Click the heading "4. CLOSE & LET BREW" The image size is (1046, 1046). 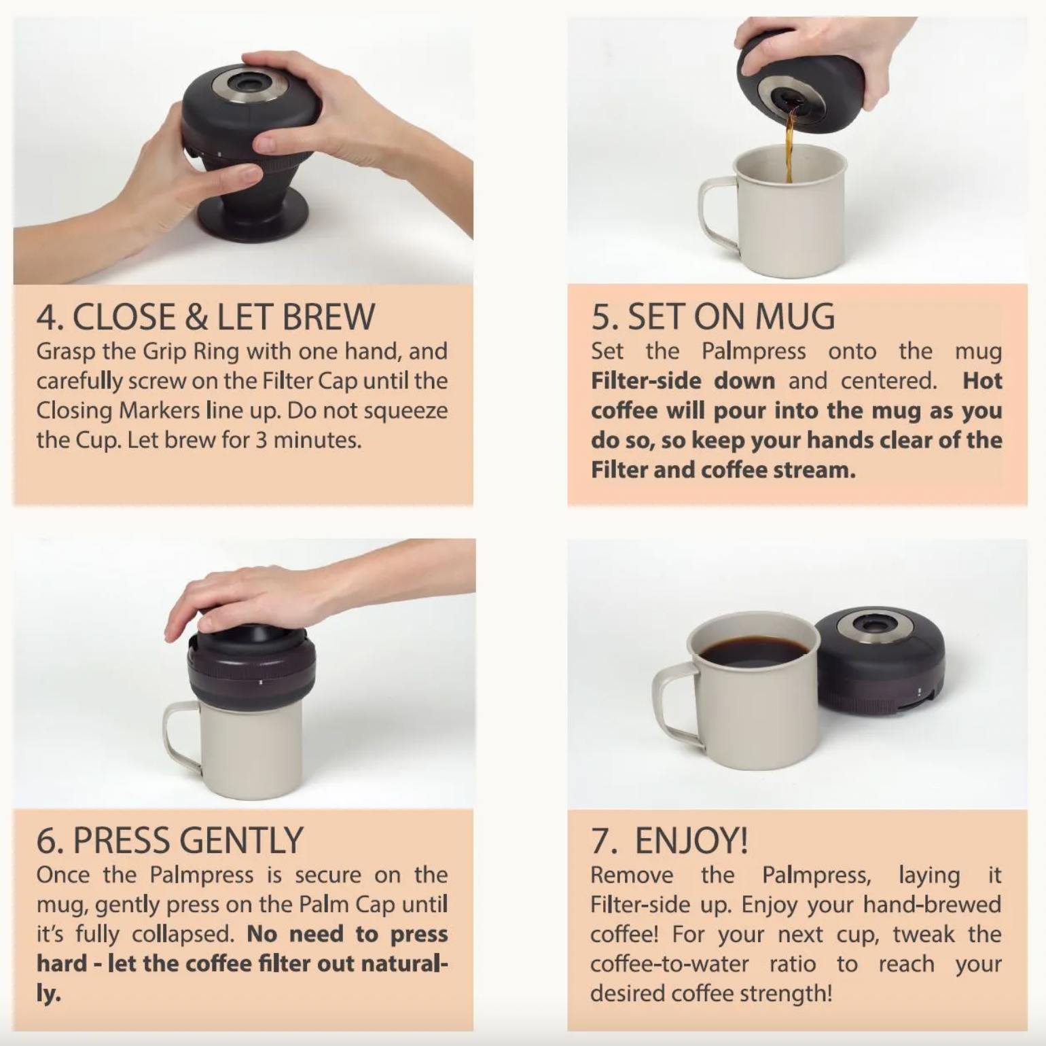(x=205, y=317)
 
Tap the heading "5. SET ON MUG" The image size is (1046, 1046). (x=713, y=317)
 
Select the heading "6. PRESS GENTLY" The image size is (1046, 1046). (x=170, y=840)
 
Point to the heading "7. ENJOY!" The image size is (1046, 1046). (x=670, y=840)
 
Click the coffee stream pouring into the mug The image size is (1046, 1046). (x=789, y=146)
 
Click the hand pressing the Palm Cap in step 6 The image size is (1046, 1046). (x=272, y=598)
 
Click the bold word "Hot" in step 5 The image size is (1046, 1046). (x=982, y=380)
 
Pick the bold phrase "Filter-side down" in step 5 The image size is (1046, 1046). (x=683, y=380)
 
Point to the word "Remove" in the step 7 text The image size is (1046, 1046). (x=632, y=875)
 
